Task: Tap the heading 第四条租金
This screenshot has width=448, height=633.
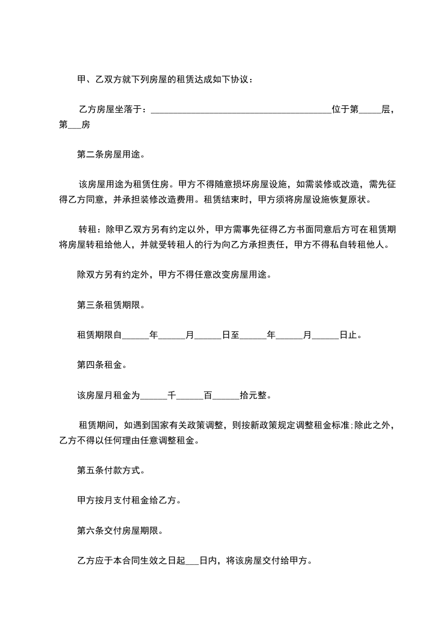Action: (x=102, y=364)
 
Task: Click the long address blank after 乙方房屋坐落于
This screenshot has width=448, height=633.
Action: (x=241, y=111)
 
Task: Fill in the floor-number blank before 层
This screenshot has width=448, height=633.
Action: (x=370, y=111)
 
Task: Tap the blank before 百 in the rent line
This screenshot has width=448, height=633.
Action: (x=190, y=395)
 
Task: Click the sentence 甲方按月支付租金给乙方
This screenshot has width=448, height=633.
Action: (x=128, y=500)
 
